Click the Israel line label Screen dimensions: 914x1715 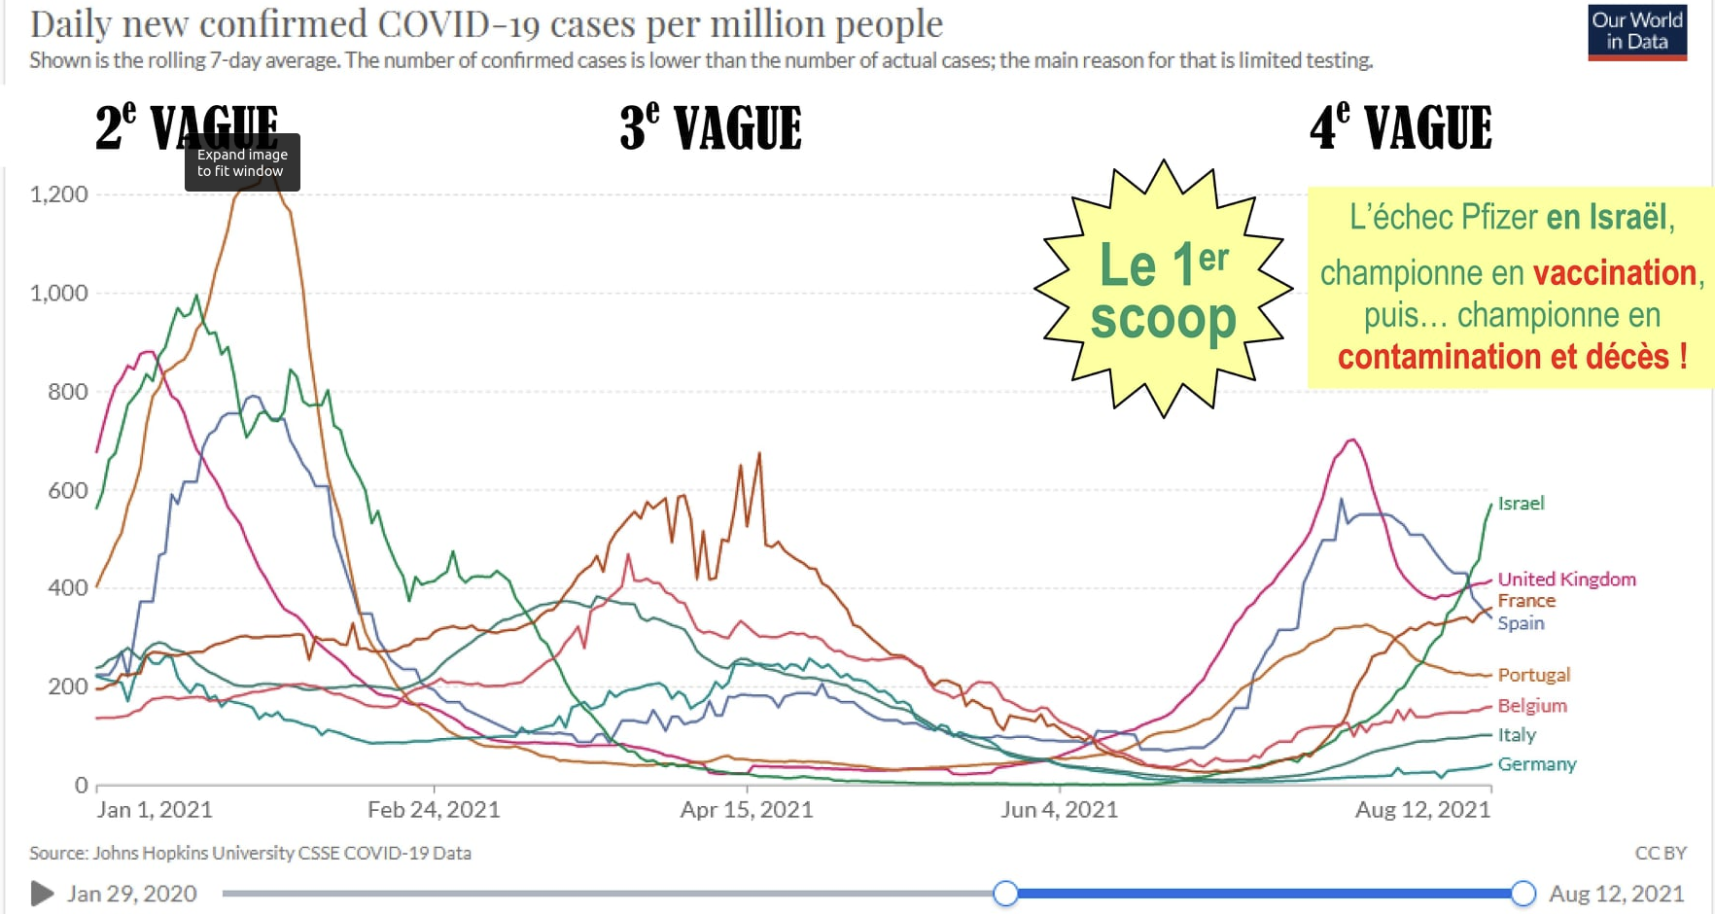[x=1521, y=504]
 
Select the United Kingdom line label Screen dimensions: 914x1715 [x=1566, y=580]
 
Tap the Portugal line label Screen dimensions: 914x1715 [x=1533, y=675]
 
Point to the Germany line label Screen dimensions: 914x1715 [x=1536, y=764]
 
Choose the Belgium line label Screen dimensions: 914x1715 [x=1532, y=706]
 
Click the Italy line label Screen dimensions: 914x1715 [x=1517, y=735]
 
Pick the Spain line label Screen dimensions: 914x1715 [x=1521, y=623]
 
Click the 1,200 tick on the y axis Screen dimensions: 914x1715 [x=59, y=194]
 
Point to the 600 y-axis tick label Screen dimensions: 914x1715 [x=68, y=491]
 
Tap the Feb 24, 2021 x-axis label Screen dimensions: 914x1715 [x=434, y=810]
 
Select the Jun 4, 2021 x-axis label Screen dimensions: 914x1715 [x=1060, y=810]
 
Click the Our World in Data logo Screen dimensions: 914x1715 [x=1637, y=32]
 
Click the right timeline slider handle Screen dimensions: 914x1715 [x=1523, y=893]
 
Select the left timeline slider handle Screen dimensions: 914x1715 [x=1005, y=893]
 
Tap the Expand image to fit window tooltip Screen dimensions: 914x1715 [x=242, y=162]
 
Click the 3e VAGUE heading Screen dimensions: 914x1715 [x=711, y=128]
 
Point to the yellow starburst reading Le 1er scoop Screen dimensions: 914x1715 [x=1163, y=290]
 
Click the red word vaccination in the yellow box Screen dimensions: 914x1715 [x=1614, y=273]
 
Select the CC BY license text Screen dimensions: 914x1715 [x=1660, y=853]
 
